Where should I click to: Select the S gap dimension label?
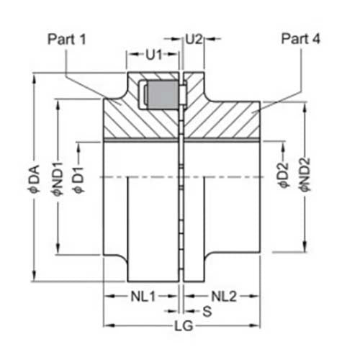[207, 311]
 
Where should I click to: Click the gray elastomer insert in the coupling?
[163, 95]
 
